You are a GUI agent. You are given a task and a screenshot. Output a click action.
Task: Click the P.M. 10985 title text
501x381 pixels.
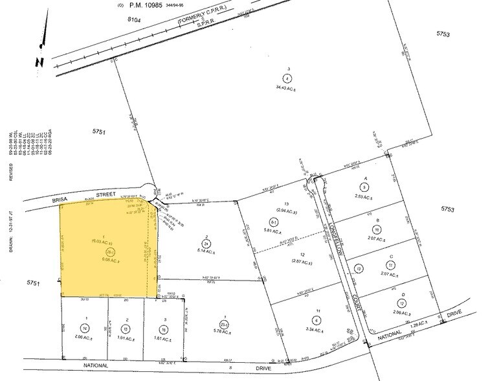pos(148,6)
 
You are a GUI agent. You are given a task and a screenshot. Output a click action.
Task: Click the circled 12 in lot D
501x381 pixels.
pos(403,303)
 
